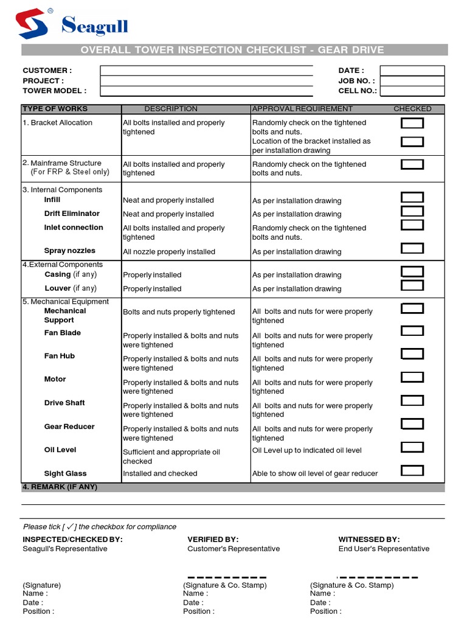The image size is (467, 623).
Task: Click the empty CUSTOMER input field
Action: tap(206, 71)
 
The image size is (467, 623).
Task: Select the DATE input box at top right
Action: tap(412, 71)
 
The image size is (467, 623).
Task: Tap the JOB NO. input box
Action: tap(412, 81)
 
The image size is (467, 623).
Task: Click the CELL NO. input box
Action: tap(412, 91)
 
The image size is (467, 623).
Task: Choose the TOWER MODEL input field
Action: tap(206, 91)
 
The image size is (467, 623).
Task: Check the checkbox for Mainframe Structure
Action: tap(412, 164)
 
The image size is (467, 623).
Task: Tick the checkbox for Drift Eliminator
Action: tap(412, 211)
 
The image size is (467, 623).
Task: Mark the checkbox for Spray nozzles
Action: tap(412, 248)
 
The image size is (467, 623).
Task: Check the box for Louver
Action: tap(412, 285)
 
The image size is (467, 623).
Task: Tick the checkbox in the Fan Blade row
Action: tap(412, 331)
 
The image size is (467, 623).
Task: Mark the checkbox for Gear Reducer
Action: tap(412, 424)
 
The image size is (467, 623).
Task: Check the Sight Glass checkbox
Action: tap(412, 470)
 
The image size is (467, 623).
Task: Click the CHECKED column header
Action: tap(412, 109)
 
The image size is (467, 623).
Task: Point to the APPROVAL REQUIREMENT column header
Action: tap(302, 109)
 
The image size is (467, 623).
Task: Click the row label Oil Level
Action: tap(60, 450)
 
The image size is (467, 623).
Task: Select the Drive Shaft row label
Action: tap(64, 403)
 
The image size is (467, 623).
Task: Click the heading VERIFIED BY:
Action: tap(213, 540)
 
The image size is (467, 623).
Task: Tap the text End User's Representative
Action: tap(384, 549)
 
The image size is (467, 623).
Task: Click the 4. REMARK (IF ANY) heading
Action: tap(60, 487)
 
